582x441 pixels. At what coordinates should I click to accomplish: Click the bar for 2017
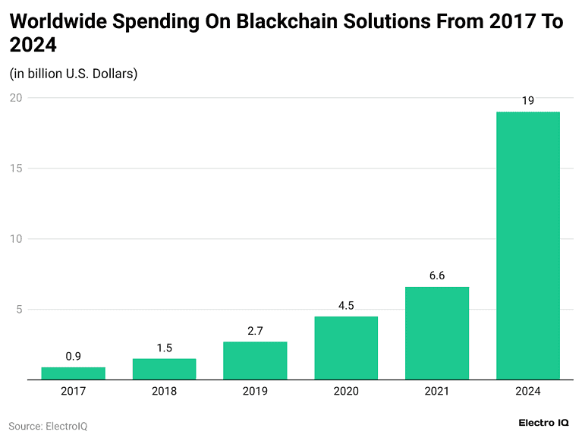(73, 373)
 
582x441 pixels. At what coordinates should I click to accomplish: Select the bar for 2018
(164, 369)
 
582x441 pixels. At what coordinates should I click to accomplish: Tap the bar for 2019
(255, 361)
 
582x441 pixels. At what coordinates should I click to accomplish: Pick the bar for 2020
(346, 348)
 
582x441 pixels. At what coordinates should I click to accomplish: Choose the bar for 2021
(437, 333)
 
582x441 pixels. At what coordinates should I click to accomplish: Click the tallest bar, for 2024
(528, 246)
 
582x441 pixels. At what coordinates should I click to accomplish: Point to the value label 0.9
(73, 356)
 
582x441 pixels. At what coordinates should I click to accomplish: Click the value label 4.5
(346, 306)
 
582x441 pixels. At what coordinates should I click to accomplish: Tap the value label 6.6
(437, 276)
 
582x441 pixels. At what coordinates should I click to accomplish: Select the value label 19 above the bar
(528, 101)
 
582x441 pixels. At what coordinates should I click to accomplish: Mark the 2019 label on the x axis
(255, 392)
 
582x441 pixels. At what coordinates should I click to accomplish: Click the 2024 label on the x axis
(528, 392)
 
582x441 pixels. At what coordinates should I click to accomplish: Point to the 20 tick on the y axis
(15, 98)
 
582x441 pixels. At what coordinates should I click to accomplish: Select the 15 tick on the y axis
(15, 169)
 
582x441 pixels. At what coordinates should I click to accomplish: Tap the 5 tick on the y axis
(18, 310)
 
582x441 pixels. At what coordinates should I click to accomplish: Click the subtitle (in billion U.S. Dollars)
(73, 74)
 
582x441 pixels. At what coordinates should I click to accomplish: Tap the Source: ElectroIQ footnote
(48, 426)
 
